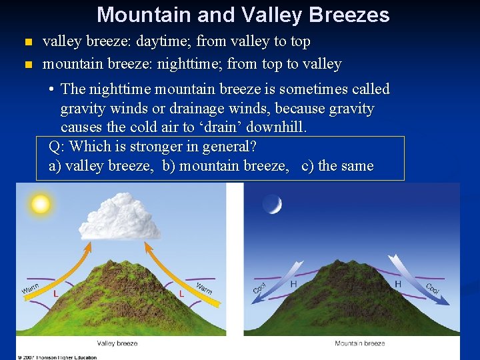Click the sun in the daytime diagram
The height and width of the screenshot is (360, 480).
(41, 203)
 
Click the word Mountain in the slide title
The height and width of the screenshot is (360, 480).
(137, 15)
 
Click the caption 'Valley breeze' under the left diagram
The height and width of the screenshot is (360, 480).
(117, 343)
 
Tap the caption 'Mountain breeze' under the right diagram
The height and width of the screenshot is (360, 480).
(359, 343)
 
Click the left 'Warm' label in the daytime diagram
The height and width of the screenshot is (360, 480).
(30, 288)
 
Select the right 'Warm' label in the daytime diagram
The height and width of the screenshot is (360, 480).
(204, 288)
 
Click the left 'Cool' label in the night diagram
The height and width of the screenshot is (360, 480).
(259, 287)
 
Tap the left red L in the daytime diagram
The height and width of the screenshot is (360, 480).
(55, 293)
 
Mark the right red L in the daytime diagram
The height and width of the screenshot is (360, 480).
(181, 293)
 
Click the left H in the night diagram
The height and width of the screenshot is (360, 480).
(293, 284)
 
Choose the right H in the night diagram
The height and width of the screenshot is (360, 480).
(398, 284)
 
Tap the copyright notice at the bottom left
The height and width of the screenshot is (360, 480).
(57, 357)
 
